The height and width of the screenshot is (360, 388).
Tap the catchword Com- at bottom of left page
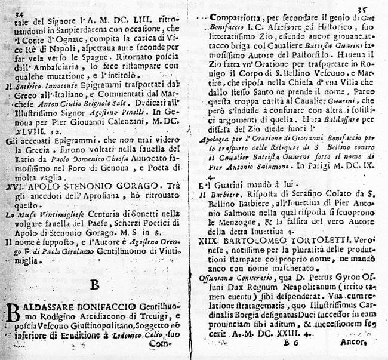pyautogui.click(x=171, y=344)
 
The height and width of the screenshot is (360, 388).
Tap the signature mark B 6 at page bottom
pyautogui.click(x=291, y=344)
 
